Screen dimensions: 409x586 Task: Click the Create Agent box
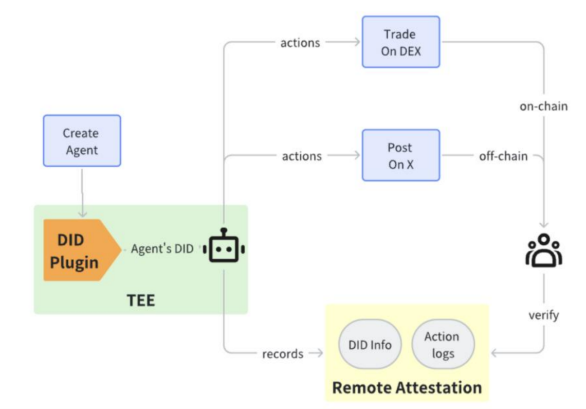coord(82,140)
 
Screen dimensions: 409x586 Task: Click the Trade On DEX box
coord(400,42)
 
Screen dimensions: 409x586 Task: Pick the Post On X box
coord(400,155)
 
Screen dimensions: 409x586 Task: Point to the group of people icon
coord(543,251)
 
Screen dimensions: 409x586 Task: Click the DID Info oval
coord(370,344)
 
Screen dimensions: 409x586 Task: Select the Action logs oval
coord(441,344)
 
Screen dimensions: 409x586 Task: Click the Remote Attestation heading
coord(407,387)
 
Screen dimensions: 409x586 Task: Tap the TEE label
coord(140,300)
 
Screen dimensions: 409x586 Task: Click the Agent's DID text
coord(162,249)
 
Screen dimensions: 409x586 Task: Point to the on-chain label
coord(543,106)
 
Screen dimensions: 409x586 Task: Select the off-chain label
coord(503,155)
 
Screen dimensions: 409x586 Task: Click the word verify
coord(543,315)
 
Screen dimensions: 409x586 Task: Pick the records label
coord(282,353)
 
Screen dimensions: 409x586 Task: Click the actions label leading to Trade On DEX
coord(300,42)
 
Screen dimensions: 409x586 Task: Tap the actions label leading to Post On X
coord(302,155)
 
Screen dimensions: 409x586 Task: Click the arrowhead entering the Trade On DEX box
coord(358,42)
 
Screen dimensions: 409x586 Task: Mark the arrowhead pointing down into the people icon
coord(543,225)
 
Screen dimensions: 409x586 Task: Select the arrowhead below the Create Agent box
coord(82,214)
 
